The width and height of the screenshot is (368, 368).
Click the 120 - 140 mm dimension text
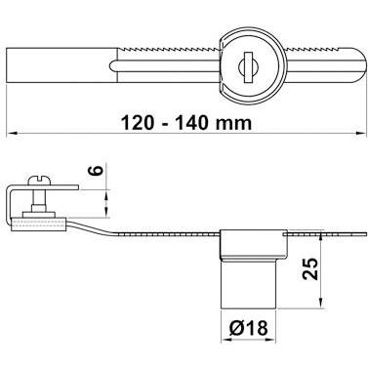pos(186,123)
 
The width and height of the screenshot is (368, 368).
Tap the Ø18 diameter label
pos(249,328)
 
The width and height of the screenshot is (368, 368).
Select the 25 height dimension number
pos(310,269)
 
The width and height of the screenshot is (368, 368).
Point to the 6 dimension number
pos(97,170)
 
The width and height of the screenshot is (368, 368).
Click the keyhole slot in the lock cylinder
pos(249,66)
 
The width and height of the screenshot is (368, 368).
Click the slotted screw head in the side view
pos(39,182)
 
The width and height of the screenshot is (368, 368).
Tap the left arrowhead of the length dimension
pos(12,133)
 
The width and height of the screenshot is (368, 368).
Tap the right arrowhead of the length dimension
pos(360,133)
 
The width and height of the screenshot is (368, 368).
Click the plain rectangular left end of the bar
pos(61,65)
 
